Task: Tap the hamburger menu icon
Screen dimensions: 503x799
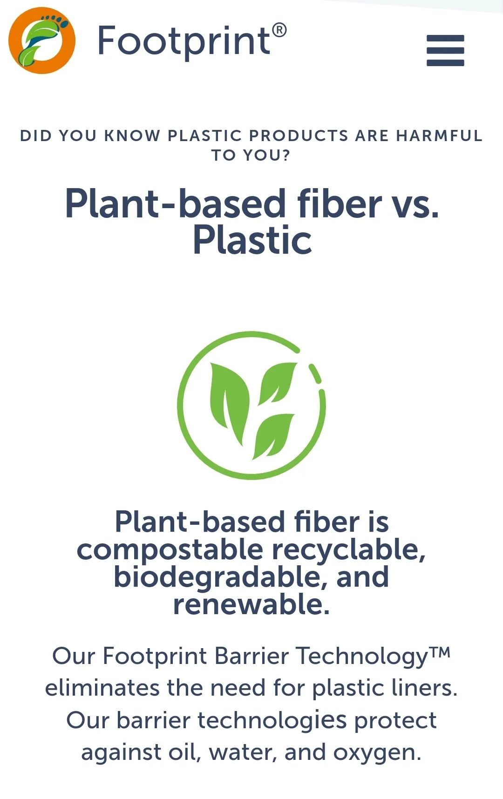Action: click(445, 50)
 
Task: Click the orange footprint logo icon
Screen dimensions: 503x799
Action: click(42, 41)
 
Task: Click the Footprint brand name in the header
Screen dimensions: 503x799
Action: click(184, 41)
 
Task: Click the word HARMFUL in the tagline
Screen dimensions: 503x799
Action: click(439, 135)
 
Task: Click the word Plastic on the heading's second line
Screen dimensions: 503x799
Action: click(252, 240)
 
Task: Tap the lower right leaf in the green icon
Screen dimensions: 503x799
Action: click(273, 436)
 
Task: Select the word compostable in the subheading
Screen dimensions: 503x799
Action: click(170, 550)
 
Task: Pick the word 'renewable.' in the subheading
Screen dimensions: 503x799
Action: click(251, 604)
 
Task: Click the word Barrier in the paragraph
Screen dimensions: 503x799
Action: click(252, 656)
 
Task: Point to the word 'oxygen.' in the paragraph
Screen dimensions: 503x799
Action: click(377, 753)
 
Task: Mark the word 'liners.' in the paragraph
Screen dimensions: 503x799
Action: click(425, 688)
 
